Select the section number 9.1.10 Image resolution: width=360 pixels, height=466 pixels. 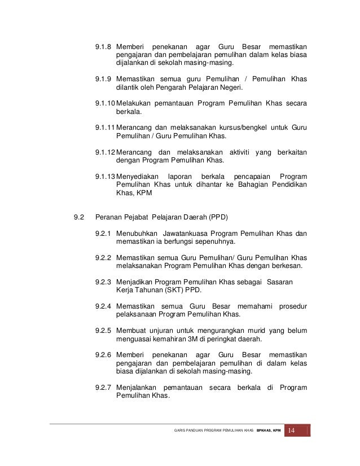click(x=105, y=103)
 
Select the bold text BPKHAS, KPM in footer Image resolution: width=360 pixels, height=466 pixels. click(x=269, y=432)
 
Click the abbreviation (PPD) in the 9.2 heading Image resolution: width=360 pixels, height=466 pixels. click(x=218, y=217)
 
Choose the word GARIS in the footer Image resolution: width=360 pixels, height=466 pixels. click(x=183, y=432)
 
